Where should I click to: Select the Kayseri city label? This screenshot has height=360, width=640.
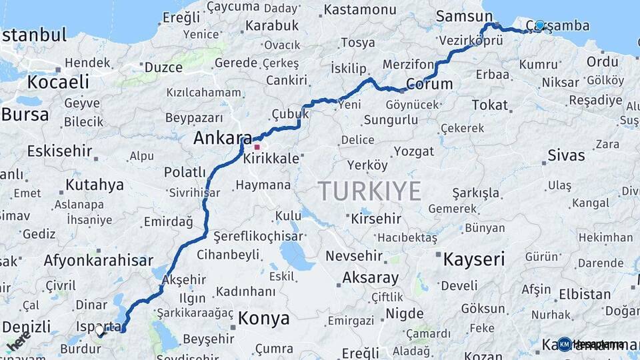pos(474,259)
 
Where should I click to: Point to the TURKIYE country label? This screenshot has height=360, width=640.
pos(369,191)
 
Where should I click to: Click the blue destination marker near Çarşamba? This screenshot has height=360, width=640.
pos(539,25)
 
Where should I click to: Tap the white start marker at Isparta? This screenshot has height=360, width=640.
pos(99,330)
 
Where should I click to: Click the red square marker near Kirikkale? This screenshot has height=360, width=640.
pos(257,146)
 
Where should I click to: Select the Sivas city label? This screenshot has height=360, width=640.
pos(566,155)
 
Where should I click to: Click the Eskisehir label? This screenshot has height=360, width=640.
pos(59,151)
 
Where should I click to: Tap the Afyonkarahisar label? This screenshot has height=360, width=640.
pos(98,260)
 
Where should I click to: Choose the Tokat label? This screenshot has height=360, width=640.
pos(490,105)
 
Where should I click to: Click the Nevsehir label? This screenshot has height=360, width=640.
pos(354,255)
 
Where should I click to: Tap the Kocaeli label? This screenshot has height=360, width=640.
pos(58,82)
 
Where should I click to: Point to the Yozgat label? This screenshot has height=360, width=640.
pos(413,151)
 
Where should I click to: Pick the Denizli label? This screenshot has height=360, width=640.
pos(26,326)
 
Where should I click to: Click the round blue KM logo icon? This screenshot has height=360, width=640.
pos(565,345)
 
